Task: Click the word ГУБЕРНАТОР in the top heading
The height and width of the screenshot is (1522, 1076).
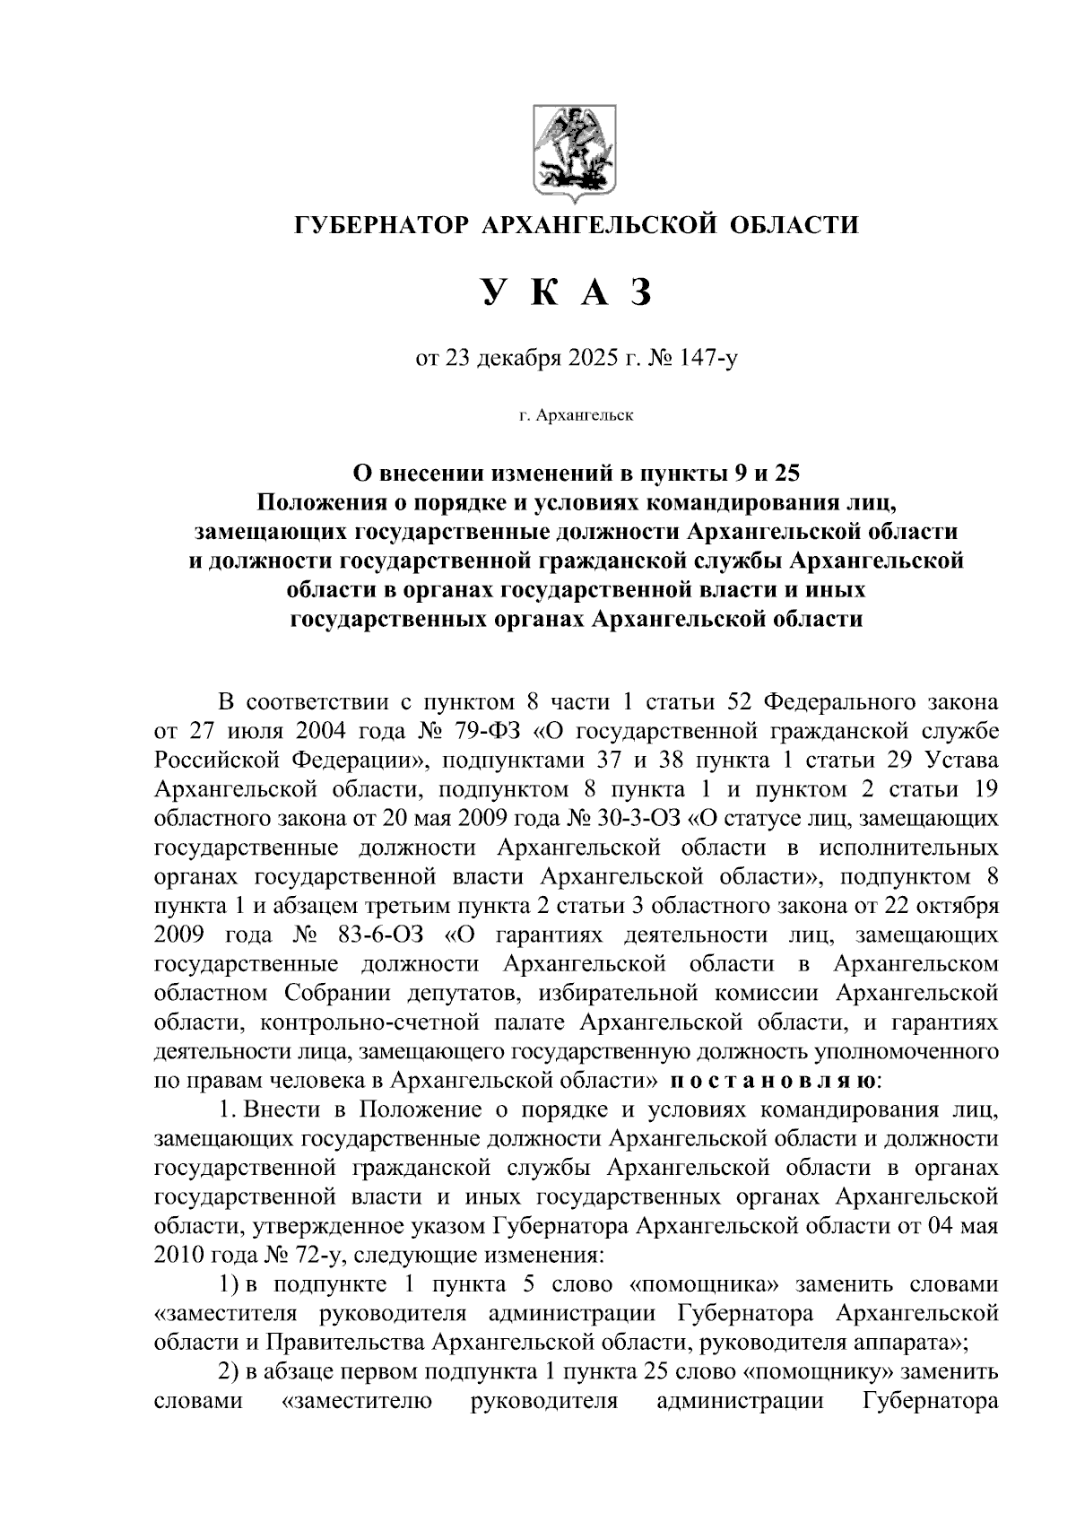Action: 381,224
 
